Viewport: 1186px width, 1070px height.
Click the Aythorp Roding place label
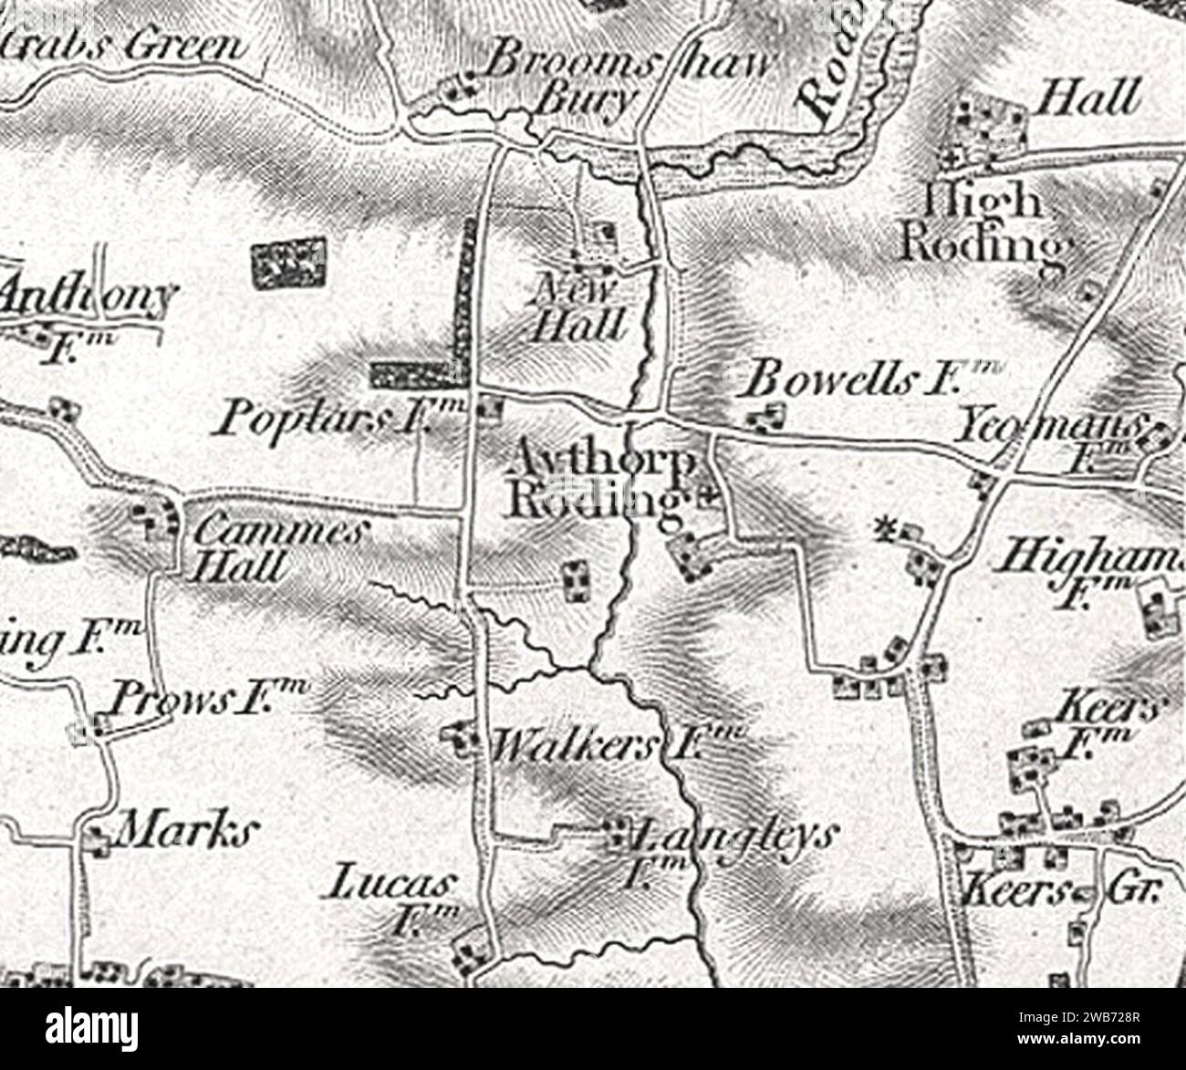coord(602,479)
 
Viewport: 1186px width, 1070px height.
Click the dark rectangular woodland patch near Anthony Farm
coord(288,263)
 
